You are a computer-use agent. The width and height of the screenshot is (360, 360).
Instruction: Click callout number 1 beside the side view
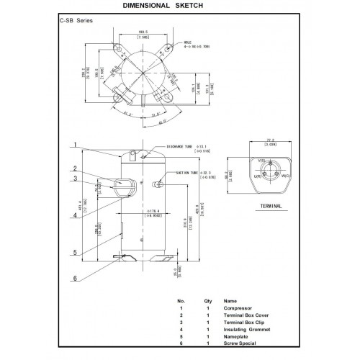tap(73, 145)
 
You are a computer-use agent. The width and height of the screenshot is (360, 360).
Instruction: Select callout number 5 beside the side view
tap(73, 252)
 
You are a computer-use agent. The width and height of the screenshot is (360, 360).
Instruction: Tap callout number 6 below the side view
tap(73, 279)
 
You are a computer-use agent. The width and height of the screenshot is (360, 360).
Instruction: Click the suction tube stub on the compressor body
tap(156, 184)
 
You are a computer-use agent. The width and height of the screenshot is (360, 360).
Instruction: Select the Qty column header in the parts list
tap(208, 302)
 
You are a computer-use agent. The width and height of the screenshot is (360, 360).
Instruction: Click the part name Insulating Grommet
tap(245, 332)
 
